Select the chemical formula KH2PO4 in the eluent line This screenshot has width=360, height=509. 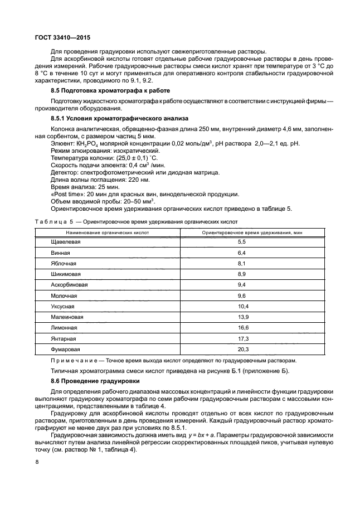point(81,144)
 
